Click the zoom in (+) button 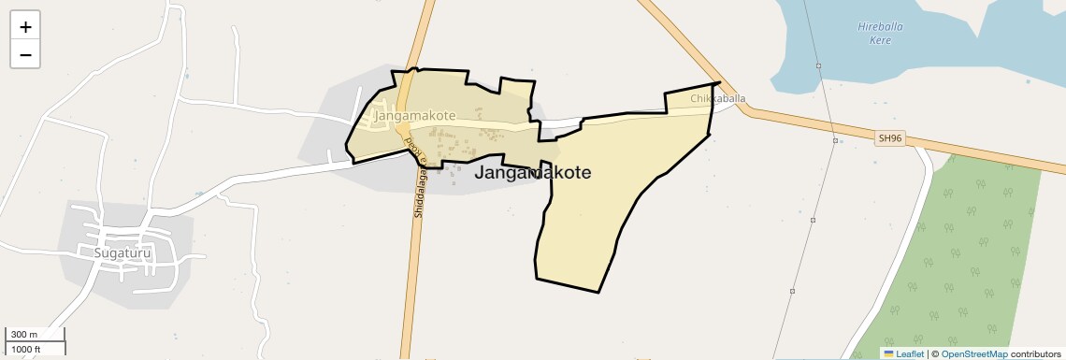(25, 27)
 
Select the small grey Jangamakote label (414, 116)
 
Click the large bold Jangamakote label (533, 173)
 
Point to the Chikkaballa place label (718, 98)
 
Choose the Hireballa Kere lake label (880, 33)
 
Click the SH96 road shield (890, 138)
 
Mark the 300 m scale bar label (24, 335)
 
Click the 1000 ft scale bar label (26, 349)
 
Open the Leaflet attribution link (910, 353)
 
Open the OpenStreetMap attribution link (973, 353)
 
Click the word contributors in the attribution (1036, 353)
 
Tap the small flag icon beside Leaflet (889, 353)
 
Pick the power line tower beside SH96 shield (835, 141)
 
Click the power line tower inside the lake (818, 65)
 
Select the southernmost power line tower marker (792, 292)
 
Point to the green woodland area (963, 262)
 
